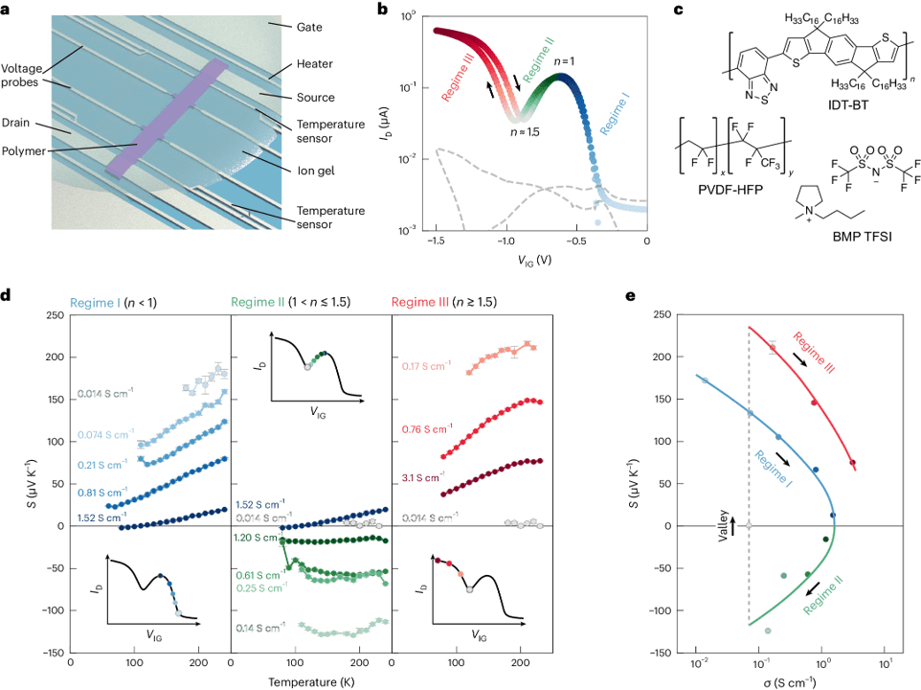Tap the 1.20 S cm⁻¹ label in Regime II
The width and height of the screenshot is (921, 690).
(x=254, y=540)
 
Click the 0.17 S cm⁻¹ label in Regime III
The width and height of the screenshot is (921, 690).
(x=428, y=365)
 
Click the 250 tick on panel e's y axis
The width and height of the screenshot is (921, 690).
(x=664, y=314)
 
